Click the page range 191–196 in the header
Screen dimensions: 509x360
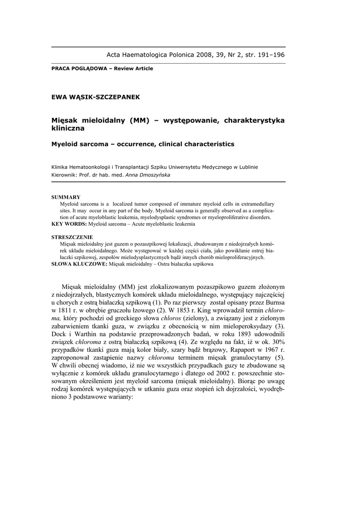point(268,55)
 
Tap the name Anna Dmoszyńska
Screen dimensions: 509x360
point(147,175)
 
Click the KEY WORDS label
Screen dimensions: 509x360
point(68,224)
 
